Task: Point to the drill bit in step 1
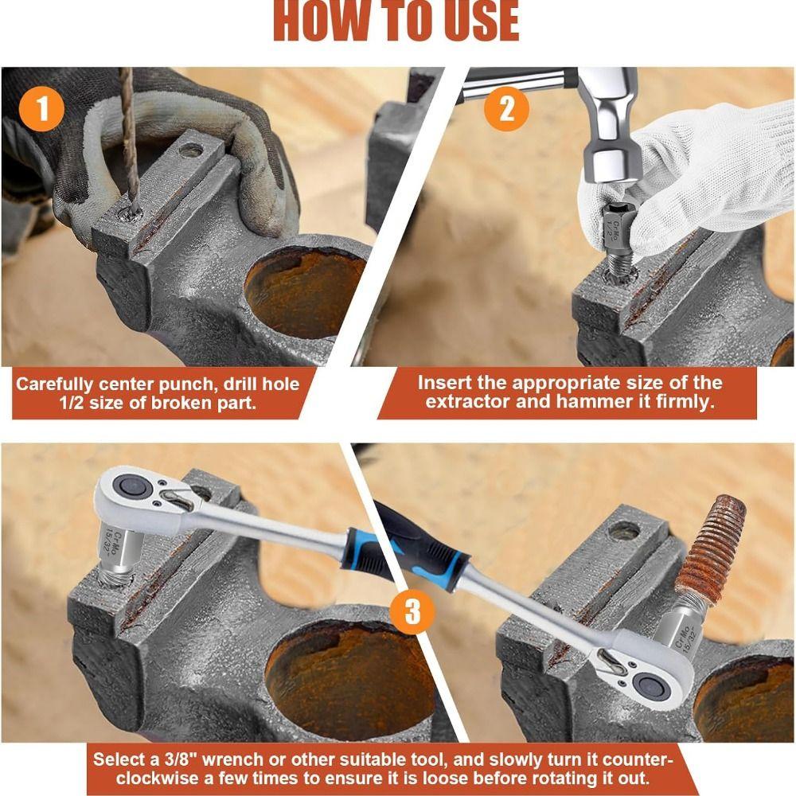coord(128,135)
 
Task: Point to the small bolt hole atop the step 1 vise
coord(190,149)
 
